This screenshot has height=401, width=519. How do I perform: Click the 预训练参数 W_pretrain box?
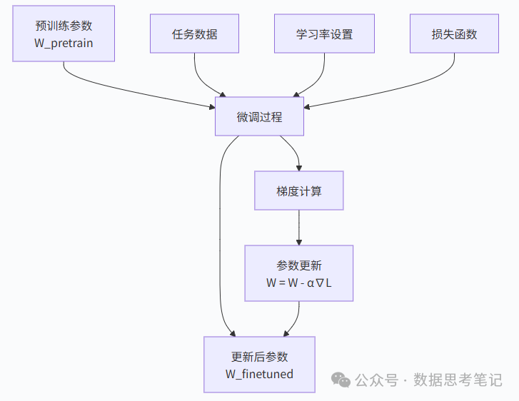pos(64,34)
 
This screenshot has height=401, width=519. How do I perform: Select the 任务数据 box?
pos(195,34)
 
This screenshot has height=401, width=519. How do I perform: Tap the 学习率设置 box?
pos(324,34)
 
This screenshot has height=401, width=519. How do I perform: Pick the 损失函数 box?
pos(454,34)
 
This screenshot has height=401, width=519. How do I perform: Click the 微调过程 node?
pos(259,116)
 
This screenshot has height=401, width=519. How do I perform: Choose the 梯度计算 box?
pos(298,191)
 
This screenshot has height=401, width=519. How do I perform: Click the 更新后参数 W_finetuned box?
pos(259,365)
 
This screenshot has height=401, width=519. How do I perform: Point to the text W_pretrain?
pos(64,43)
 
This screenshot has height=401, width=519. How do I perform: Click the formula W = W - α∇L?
pos(298,283)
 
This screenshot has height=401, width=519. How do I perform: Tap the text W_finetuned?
pos(259,374)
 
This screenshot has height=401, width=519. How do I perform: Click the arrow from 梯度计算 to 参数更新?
pos(298,228)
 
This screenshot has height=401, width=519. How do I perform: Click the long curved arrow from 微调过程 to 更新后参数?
pos(220,235)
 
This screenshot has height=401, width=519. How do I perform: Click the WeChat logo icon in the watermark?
pos(343,380)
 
